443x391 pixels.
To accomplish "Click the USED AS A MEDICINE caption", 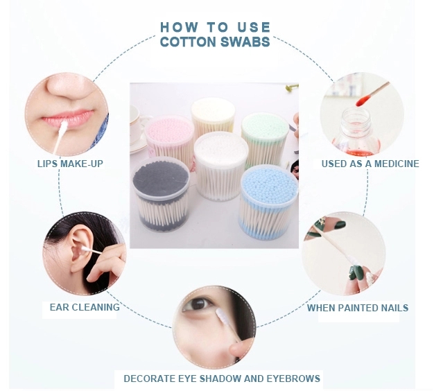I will (370, 164).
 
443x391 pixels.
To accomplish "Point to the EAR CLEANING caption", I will (85, 306).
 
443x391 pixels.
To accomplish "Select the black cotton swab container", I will (160, 191).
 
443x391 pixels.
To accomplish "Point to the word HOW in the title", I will (175, 27).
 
